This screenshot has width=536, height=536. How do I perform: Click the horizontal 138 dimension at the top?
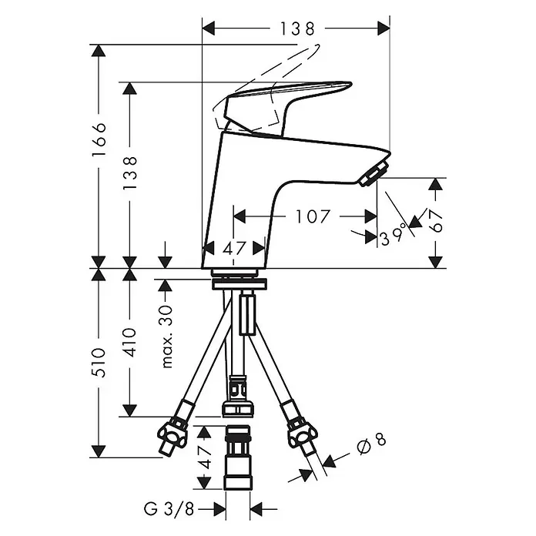(x=296, y=28)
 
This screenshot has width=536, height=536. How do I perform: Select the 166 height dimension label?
(x=99, y=139)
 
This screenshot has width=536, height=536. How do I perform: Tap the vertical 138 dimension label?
(x=130, y=173)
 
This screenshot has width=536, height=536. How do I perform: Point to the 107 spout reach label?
(x=313, y=216)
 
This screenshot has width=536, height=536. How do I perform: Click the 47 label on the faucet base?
(x=234, y=249)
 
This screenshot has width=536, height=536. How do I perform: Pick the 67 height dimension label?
(x=436, y=221)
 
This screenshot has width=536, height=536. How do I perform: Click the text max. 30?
(x=167, y=337)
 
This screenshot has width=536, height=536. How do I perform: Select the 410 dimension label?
(x=130, y=342)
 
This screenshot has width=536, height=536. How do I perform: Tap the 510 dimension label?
(x=99, y=363)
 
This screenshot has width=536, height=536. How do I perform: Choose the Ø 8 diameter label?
(x=371, y=444)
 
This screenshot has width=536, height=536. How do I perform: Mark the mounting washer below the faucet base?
(x=239, y=284)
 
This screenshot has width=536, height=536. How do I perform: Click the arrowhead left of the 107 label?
(x=240, y=216)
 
